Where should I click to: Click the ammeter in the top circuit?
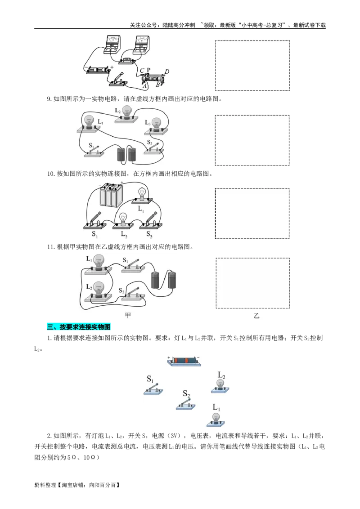tap(112, 44)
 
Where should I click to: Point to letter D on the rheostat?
tap(167, 71)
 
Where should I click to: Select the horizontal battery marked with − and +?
tap(98, 70)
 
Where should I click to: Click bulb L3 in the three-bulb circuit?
tap(156, 126)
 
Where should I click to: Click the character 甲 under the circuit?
tap(128, 315)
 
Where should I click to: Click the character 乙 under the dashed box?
tap(256, 316)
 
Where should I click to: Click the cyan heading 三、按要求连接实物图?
tap(77, 327)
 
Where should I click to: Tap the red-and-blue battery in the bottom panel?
tap(184, 361)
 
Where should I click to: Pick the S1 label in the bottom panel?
tap(150, 379)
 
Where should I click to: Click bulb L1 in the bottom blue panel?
tap(216, 418)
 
